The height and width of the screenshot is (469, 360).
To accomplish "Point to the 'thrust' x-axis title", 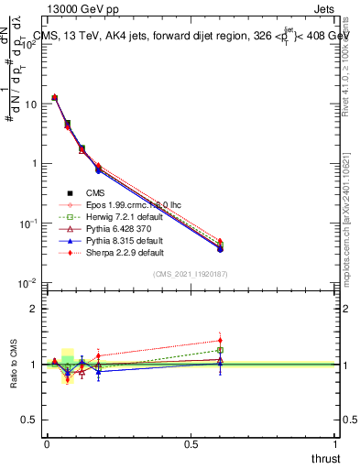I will click(x=326, y=457).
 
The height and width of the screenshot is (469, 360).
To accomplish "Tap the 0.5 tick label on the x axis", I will click(x=191, y=444).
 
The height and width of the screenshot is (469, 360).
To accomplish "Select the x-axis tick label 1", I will click(x=335, y=444).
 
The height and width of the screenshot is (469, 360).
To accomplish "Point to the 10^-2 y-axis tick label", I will click(x=27, y=283).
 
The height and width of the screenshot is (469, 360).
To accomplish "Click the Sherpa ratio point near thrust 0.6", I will click(x=220, y=341).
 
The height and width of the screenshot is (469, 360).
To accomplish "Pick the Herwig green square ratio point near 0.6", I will click(x=220, y=350).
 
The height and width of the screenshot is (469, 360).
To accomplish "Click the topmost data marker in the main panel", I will click(x=55, y=97).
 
